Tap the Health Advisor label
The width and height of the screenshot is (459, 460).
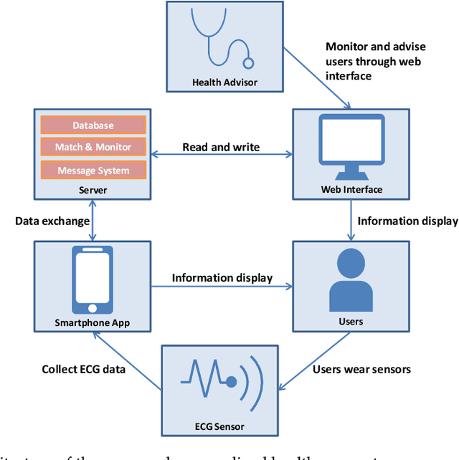click(x=224, y=82)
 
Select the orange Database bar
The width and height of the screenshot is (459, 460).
click(x=93, y=125)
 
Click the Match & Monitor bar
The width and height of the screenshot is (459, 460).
click(x=93, y=148)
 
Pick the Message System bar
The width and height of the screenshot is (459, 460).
click(x=93, y=171)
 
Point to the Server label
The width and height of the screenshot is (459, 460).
click(x=93, y=190)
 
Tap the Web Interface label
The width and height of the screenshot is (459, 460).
click(x=351, y=190)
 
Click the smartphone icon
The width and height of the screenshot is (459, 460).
click(x=93, y=279)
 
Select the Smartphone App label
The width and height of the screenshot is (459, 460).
click(x=93, y=322)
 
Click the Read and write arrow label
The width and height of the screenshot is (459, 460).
click(x=221, y=147)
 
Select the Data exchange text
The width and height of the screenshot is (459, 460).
click(x=52, y=221)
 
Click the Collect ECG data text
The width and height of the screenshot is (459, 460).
click(x=84, y=370)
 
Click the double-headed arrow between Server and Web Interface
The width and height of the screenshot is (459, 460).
click(x=221, y=154)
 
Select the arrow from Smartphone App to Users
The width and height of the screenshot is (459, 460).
click(x=222, y=287)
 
